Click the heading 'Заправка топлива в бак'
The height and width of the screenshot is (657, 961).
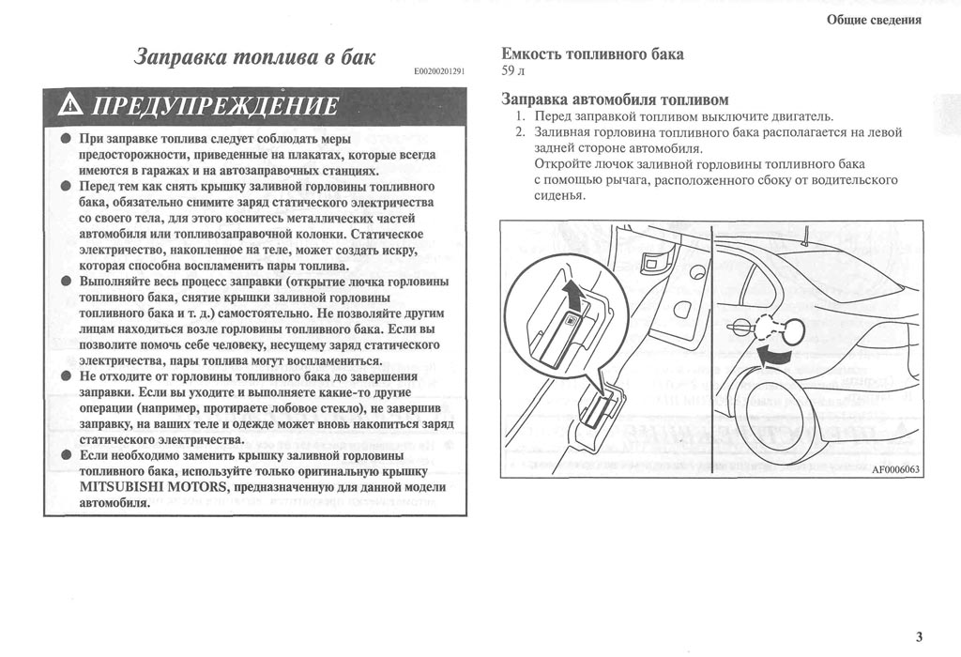click(x=255, y=57)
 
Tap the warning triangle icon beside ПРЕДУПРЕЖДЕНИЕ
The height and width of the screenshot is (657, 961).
click(x=71, y=107)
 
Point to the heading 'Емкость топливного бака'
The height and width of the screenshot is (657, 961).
click(x=592, y=53)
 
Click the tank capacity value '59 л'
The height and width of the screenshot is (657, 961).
click(x=512, y=70)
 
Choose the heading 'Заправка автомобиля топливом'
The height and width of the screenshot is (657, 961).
click(x=615, y=99)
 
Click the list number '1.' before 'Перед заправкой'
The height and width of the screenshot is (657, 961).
click(x=521, y=116)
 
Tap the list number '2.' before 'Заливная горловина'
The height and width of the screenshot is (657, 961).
click(x=521, y=132)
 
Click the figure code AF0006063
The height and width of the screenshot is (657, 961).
click(x=896, y=470)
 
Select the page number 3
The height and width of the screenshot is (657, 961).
click(x=919, y=637)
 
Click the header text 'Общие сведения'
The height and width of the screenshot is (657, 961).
click(x=874, y=20)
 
